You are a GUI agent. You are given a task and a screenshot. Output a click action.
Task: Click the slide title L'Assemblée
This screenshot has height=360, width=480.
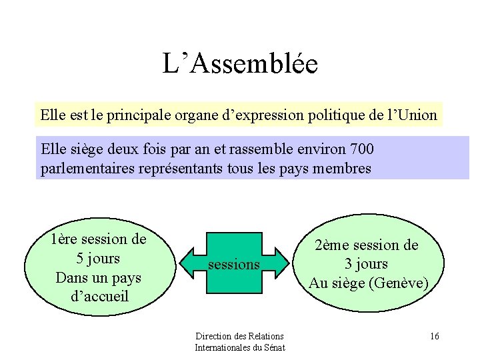click(240, 64)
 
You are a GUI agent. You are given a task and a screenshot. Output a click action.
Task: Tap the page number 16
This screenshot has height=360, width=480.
click(434, 336)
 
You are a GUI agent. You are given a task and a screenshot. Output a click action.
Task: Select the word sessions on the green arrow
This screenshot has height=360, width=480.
click(233, 265)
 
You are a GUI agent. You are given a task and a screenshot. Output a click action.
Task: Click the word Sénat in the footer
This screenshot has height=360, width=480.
click(273, 347)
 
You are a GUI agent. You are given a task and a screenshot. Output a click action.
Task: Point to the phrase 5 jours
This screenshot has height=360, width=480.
click(98, 257)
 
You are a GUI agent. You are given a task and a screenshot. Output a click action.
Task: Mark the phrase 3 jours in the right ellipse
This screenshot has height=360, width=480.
click(366, 264)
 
